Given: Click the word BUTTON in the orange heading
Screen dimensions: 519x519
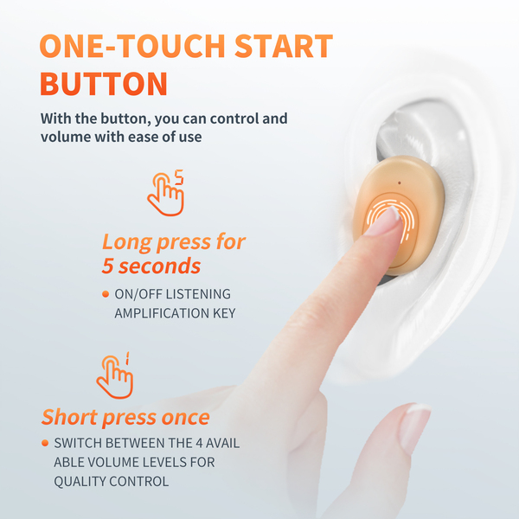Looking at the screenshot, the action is tap(104, 84).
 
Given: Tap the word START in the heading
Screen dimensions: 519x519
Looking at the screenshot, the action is tap(284, 46).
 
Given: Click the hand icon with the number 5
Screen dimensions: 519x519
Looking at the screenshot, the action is tap(165, 193).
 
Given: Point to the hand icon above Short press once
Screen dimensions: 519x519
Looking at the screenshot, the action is tap(114, 375).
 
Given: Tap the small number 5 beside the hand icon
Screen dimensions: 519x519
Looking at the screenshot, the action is tap(179, 177).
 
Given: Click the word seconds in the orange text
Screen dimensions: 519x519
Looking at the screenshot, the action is tap(159, 266).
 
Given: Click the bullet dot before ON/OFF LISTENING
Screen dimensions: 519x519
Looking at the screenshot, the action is tap(106, 294).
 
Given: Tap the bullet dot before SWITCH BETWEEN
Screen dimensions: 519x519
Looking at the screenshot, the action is tap(45, 443).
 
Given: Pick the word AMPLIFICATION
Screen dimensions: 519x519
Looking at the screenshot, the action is tap(162, 313).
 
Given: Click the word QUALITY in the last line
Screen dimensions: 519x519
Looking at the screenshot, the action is tap(80, 481).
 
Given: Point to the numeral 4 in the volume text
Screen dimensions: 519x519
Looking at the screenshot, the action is tap(199, 443).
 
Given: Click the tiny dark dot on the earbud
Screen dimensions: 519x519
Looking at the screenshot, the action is tap(400, 183).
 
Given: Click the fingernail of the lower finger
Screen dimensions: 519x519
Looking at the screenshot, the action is tap(414, 427).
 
